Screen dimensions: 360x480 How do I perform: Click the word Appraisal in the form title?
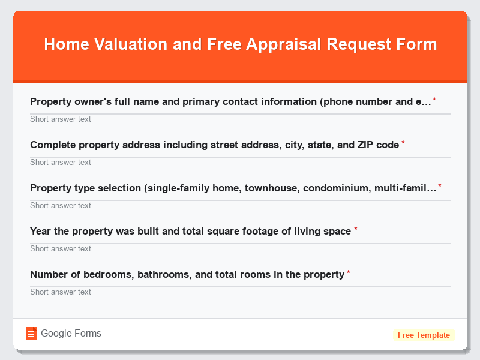281,44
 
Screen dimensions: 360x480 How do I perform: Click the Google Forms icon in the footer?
31,334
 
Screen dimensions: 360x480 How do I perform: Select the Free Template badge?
424,335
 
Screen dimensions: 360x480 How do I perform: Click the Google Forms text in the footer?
71,334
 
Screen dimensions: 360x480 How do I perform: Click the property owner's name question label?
230,101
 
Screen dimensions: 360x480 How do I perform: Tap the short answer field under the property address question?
240,162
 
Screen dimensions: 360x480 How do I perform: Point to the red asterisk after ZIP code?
403,143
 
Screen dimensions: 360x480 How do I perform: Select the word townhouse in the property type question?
271,188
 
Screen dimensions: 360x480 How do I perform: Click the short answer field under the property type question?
240,205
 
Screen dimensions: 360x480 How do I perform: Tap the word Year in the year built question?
41,231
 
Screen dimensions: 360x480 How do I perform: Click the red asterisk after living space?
355,230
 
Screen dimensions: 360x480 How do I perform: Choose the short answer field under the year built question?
240,248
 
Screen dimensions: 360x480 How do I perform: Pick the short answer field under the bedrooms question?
240,292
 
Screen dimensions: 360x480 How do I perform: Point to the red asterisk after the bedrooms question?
349,273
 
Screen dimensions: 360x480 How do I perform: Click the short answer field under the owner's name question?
240,119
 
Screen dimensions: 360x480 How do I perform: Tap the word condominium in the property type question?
335,188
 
